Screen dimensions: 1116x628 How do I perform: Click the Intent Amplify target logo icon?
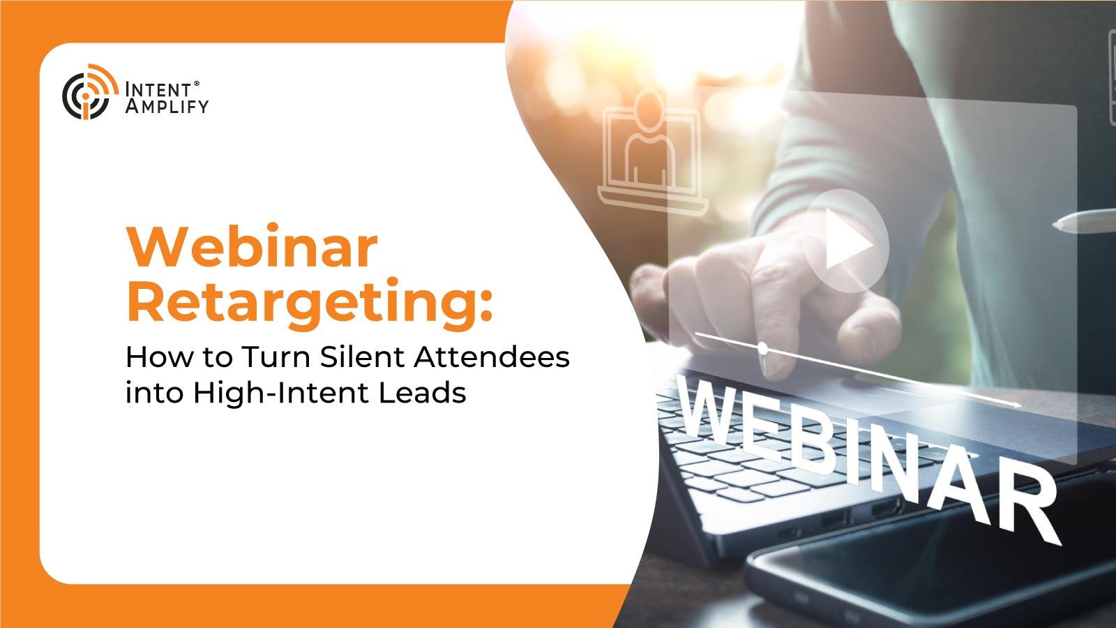89,92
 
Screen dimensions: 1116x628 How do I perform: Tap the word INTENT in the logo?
158,90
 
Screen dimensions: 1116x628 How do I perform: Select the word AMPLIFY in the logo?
167,106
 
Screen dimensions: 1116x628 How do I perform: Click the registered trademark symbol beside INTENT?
196,84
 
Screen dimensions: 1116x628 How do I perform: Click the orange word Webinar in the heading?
252,247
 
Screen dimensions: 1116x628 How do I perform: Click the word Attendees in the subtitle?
492,357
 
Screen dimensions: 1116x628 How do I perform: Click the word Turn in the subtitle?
276,357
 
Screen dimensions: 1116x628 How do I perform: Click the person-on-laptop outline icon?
652,153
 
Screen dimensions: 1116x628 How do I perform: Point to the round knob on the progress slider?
762,348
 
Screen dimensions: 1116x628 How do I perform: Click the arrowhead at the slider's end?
1016,404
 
